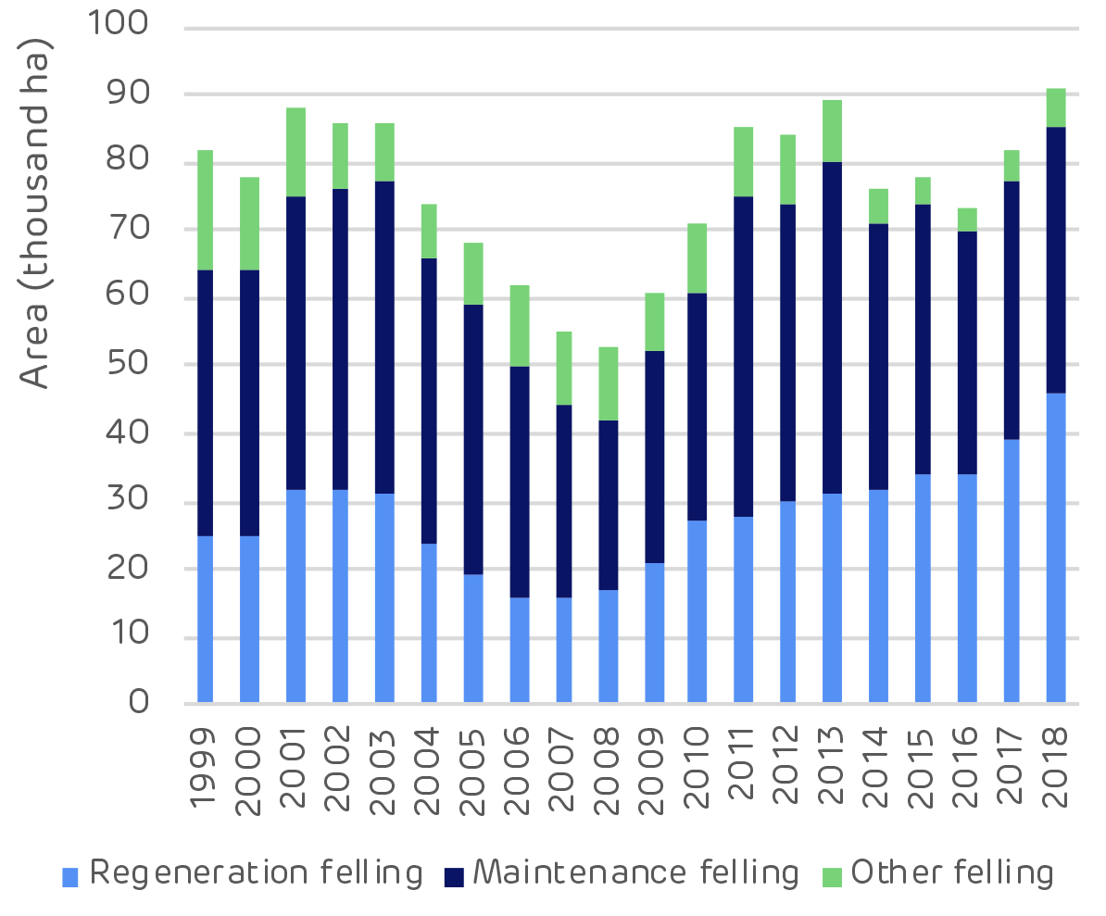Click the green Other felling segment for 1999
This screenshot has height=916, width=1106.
205,210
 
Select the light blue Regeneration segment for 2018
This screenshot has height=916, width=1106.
1055,547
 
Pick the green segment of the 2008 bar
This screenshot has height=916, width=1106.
608,383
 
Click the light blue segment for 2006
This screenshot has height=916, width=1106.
519,649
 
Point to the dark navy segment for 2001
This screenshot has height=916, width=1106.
295,343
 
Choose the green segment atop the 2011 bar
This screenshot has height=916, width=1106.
743,162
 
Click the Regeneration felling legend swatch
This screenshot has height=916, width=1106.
71,875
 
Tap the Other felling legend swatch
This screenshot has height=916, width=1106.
833,875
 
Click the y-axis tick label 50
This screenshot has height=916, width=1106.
126,363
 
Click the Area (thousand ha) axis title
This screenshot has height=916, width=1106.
36,213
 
